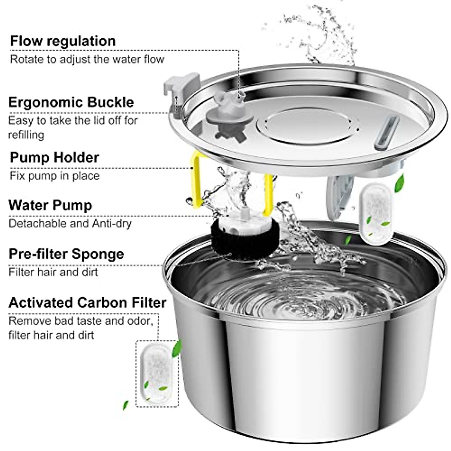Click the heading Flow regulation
pos(63,41)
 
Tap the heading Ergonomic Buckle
pos(71,102)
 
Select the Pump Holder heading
pos(54,157)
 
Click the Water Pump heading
pos(50,205)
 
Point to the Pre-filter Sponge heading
pos(66,254)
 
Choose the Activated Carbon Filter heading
pos(87,303)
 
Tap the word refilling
pos(26,135)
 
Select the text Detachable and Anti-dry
pos(70,224)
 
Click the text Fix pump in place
pos(54,176)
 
